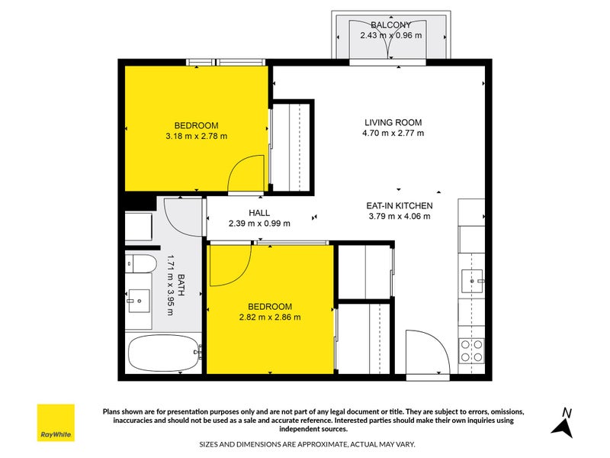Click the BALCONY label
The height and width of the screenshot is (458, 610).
pos(390,24)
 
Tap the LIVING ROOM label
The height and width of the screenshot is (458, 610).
pos(393,122)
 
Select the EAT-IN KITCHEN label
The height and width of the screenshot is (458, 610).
pos(400,205)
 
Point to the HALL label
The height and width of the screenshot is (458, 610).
pos(259,213)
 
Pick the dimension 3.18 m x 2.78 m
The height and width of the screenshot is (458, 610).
pos(196,137)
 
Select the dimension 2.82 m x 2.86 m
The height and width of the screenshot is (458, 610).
pos(270,318)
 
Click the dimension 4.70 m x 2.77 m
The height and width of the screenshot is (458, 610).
pos(393,133)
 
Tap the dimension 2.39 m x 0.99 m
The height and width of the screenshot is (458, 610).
pos(259,224)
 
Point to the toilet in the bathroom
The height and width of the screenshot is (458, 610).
pos(140,265)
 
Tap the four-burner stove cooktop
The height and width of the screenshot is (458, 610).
pos(471,350)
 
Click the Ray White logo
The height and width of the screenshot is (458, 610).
pos(56,423)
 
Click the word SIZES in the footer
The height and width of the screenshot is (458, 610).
pos(212,443)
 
